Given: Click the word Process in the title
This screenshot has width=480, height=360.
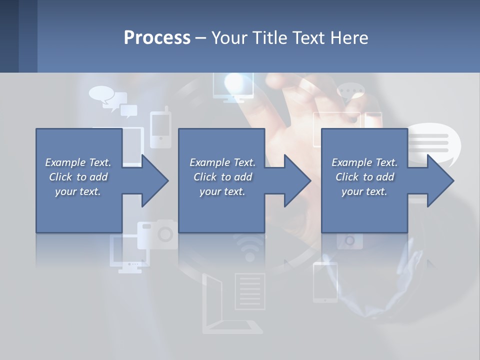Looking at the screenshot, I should tap(157, 38).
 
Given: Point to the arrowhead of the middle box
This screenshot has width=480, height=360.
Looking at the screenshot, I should tap(297, 180).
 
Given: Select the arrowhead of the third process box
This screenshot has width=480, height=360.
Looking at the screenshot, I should tap(440, 180).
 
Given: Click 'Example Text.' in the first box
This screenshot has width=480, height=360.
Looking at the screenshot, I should tap(78, 162).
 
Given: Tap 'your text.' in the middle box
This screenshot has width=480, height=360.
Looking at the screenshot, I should tap(222, 191).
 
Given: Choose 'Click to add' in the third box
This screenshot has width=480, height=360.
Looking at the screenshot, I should tap(365, 177).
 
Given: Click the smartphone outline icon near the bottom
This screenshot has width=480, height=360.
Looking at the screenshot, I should tap(325, 282).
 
